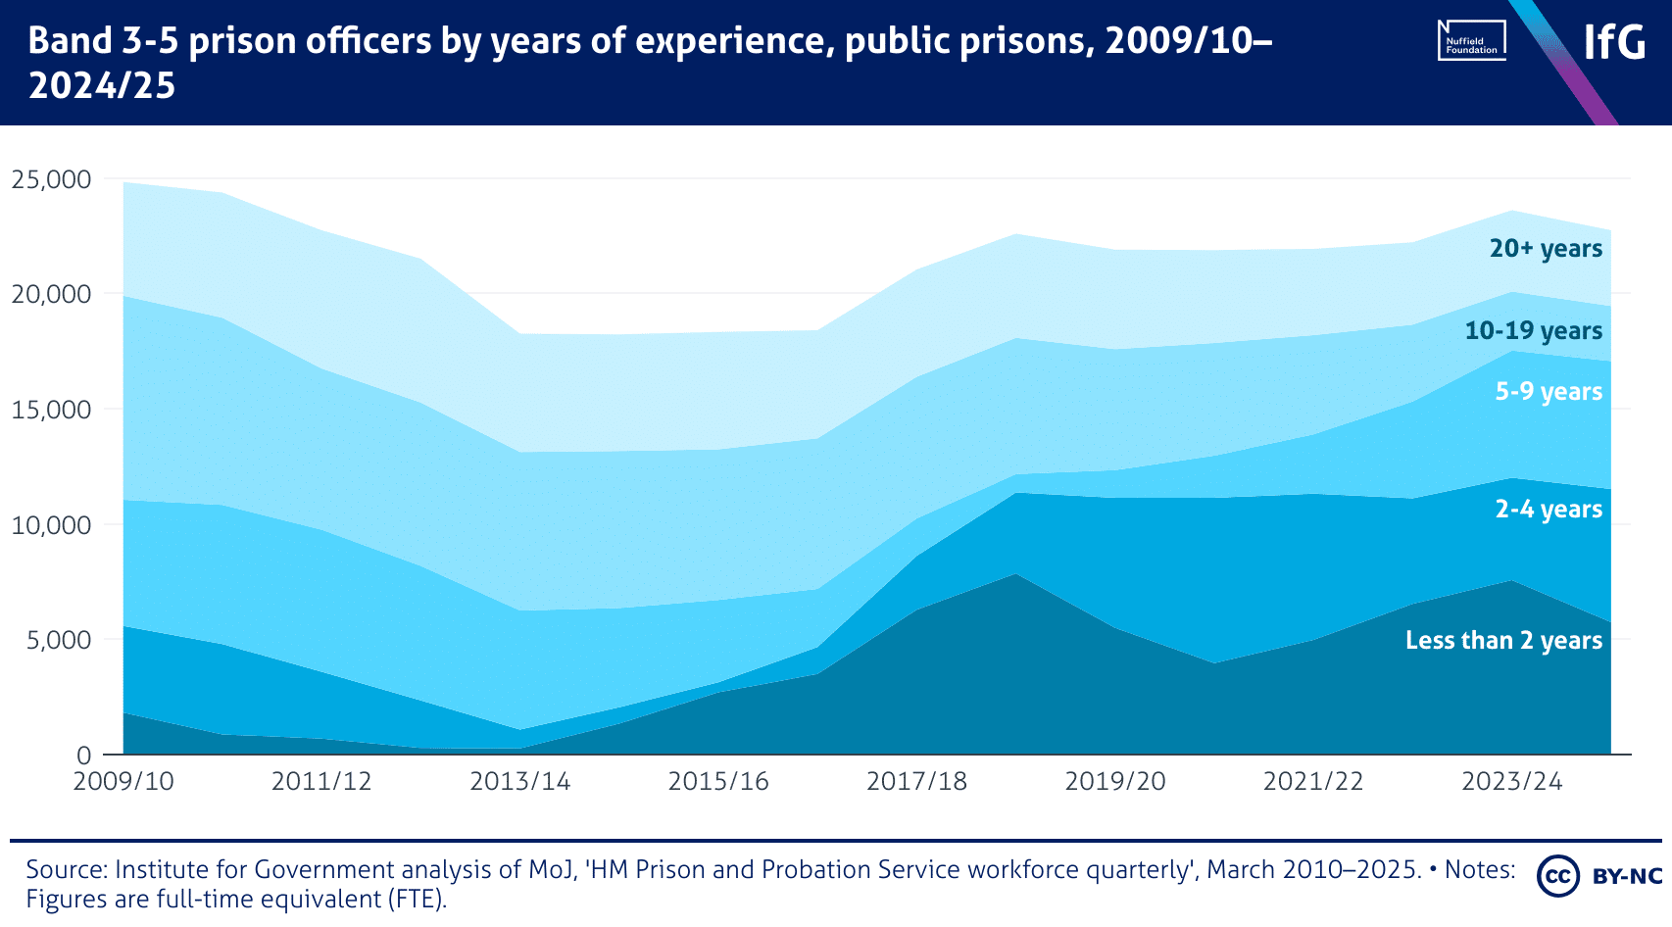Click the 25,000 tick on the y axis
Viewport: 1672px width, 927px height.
(x=51, y=179)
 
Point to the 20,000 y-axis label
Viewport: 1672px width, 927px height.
(x=51, y=294)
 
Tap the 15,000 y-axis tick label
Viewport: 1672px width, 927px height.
(x=51, y=410)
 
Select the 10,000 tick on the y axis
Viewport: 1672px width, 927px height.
(x=51, y=525)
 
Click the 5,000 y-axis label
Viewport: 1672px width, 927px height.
(x=59, y=640)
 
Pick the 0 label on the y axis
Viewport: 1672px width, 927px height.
(x=84, y=756)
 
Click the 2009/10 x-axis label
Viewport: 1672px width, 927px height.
(x=123, y=781)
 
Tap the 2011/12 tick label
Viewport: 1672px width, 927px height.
(x=321, y=781)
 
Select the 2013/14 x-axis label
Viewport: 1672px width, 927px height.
(x=520, y=781)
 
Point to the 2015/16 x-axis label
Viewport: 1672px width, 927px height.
(x=718, y=781)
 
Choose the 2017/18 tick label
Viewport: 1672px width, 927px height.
(x=917, y=781)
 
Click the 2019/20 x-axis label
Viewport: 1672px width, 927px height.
(x=1115, y=781)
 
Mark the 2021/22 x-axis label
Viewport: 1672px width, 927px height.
(x=1313, y=781)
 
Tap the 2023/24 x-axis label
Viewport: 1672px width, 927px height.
(x=1512, y=781)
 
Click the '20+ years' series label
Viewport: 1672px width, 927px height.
(x=1546, y=249)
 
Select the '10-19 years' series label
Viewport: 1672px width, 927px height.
(x=1534, y=331)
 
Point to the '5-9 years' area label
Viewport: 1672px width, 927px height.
(x=1549, y=392)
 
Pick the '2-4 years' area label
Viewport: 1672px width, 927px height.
(x=1549, y=510)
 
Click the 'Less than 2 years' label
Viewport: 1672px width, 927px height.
(x=1503, y=641)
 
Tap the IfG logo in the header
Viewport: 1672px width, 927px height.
(x=1614, y=42)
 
